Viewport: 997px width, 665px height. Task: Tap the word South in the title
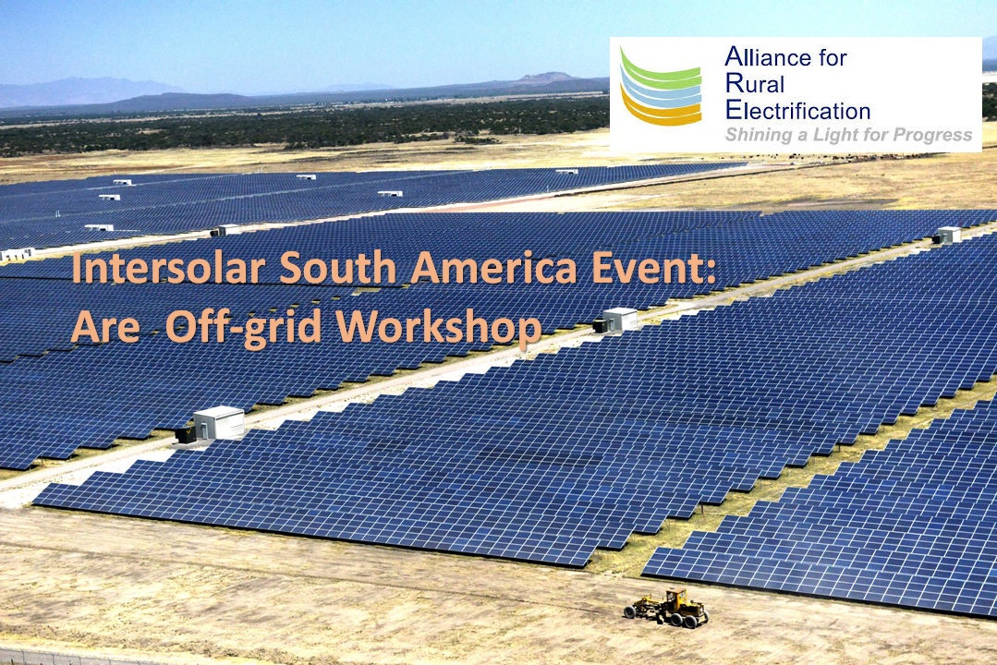(x=337, y=268)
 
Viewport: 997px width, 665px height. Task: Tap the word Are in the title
(x=105, y=328)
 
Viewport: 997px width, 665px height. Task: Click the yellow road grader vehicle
(x=666, y=608)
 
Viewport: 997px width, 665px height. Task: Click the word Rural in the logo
(x=755, y=84)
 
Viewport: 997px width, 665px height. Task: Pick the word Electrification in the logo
(x=797, y=111)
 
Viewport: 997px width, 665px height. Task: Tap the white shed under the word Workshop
(x=219, y=423)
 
